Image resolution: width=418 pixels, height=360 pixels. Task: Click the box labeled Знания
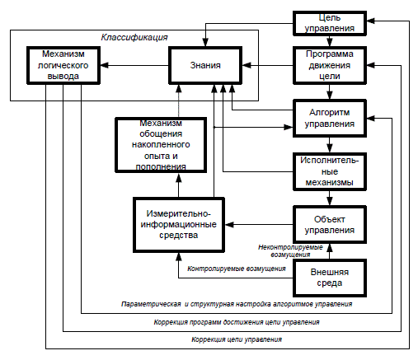click(x=205, y=65)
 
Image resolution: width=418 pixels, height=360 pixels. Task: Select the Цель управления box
click(x=330, y=23)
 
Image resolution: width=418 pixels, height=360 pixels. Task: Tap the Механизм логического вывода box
click(x=63, y=65)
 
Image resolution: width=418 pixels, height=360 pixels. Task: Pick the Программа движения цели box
click(x=330, y=65)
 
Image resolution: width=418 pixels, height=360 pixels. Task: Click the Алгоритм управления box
click(x=330, y=119)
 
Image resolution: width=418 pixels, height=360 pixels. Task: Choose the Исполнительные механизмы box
click(x=330, y=171)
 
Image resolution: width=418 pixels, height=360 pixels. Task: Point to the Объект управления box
click(x=330, y=225)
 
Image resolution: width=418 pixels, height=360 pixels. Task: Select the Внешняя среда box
click(x=330, y=278)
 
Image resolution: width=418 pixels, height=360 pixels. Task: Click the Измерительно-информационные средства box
click(x=179, y=225)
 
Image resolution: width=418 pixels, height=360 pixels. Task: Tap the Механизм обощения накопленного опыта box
click(x=161, y=145)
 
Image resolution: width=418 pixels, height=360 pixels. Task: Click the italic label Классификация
click(x=134, y=37)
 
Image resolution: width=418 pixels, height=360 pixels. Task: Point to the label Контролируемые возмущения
click(x=237, y=269)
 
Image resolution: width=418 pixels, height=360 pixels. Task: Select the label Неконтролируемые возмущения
click(x=290, y=251)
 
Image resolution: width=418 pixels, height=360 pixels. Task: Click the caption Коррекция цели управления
click(x=237, y=339)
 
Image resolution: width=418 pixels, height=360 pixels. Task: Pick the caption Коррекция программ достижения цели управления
click(x=237, y=322)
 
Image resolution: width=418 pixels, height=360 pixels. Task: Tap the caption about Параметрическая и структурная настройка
click(x=237, y=304)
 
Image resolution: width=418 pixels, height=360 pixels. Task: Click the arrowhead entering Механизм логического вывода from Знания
click(x=105, y=65)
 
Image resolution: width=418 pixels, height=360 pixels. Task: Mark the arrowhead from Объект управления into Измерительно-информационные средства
click(x=229, y=225)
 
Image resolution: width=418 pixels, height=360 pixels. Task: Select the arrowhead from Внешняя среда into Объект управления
click(x=330, y=248)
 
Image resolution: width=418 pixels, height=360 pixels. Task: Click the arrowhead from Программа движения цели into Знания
click(x=247, y=65)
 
